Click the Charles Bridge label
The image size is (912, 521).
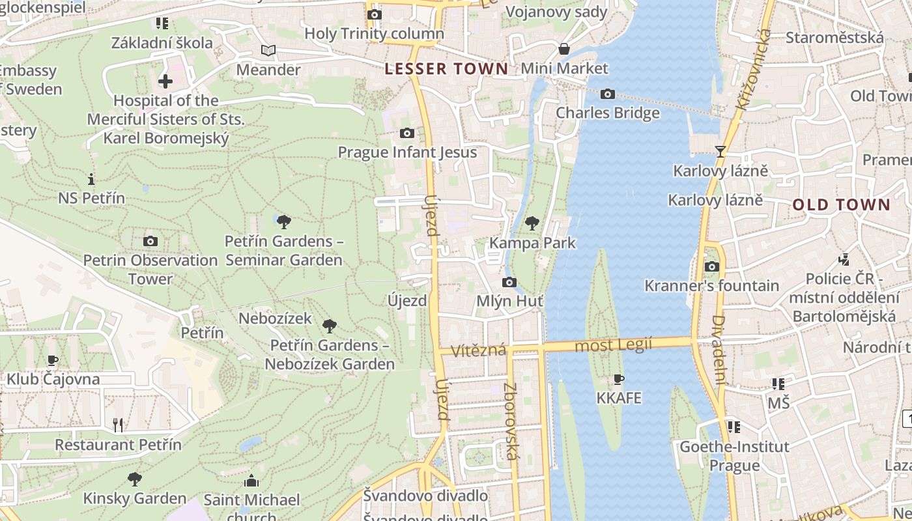click(607, 113)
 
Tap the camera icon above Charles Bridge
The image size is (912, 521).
click(607, 94)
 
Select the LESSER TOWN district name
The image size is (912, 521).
click(446, 68)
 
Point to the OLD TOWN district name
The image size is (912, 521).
click(841, 204)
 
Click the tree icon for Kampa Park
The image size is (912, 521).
click(532, 224)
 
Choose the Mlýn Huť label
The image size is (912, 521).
click(509, 301)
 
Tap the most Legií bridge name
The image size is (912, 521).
click(612, 345)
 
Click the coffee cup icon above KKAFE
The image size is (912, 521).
click(619, 379)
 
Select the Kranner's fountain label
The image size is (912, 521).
click(711, 285)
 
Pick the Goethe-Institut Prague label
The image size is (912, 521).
click(734, 456)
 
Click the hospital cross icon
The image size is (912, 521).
click(165, 81)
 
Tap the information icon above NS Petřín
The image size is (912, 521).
click(91, 179)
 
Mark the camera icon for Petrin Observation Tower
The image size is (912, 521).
click(150, 242)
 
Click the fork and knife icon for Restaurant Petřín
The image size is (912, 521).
click(118, 425)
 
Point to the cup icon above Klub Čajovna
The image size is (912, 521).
click(53, 360)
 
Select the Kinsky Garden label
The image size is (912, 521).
click(135, 498)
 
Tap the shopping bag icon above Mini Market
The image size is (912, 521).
click(564, 49)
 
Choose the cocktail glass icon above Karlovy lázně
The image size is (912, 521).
click(720, 152)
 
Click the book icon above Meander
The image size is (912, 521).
click(268, 50)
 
